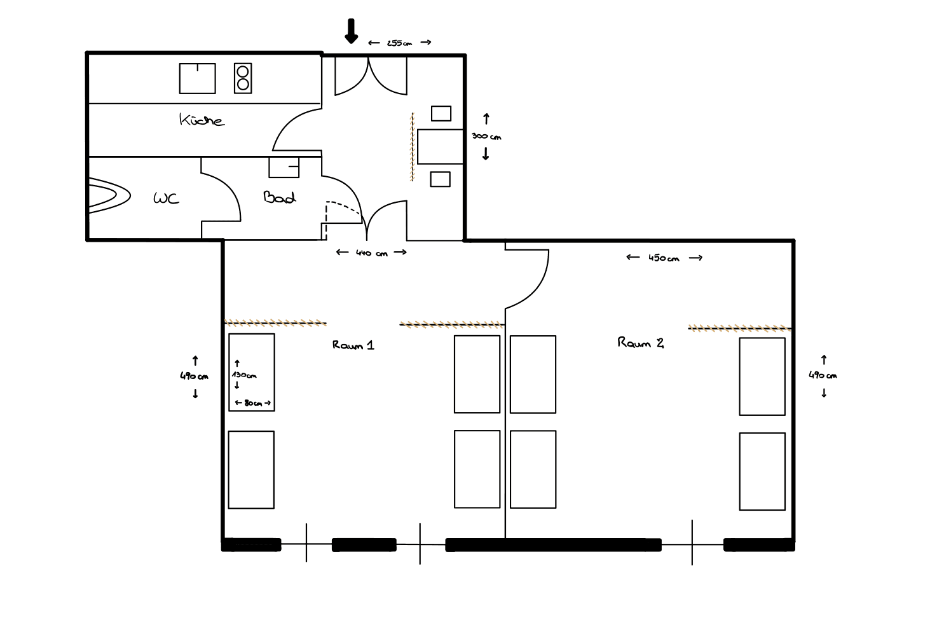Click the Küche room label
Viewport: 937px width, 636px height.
click(202, 120)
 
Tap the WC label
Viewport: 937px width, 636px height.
click(166, 198)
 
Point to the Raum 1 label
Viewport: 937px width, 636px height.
click(353, 345)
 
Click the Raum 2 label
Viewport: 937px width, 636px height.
click(640, 343)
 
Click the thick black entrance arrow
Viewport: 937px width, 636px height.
click(351, 31)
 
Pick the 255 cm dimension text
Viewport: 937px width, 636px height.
click(399, 43)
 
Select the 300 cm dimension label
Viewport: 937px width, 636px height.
click(486, 136)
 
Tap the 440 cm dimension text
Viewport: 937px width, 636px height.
click(371, 253)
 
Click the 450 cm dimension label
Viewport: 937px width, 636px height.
click(664, 258)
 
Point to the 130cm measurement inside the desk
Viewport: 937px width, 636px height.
click(244, 375)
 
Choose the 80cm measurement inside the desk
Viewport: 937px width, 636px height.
click(253, 403)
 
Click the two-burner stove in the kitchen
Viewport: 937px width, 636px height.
click(243, 78)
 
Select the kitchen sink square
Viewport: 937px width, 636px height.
click(198, 78)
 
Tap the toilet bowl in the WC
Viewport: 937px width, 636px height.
click(109, 195)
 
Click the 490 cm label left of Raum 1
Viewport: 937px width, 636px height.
click(194, 376)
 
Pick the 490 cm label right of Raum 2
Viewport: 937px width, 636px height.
click(823, 375)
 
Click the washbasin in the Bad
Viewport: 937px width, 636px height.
click(284, 167)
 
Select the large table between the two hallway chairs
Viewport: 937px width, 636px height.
click(440, 146)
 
